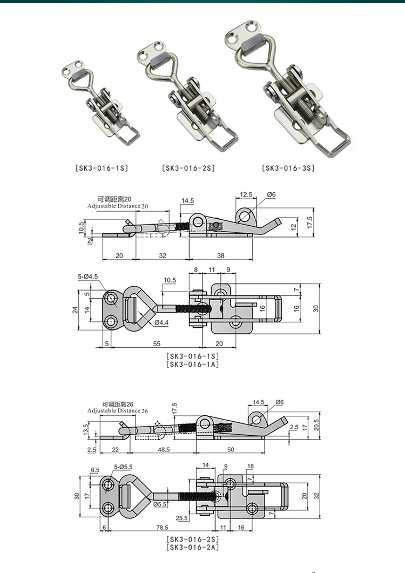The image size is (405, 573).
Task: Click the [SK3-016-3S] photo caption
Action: [288, 168]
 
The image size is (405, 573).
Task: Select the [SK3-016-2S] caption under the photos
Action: [188, 168]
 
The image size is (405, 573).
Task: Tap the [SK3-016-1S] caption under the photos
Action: [102, 168]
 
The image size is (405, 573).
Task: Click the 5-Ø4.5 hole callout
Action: [87, 277]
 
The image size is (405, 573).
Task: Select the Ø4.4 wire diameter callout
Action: [161, 322]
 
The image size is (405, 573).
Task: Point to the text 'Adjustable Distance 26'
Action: [114, 411]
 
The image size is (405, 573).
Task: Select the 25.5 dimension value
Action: [181, 518]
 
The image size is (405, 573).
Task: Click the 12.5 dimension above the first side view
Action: [246, 194]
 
